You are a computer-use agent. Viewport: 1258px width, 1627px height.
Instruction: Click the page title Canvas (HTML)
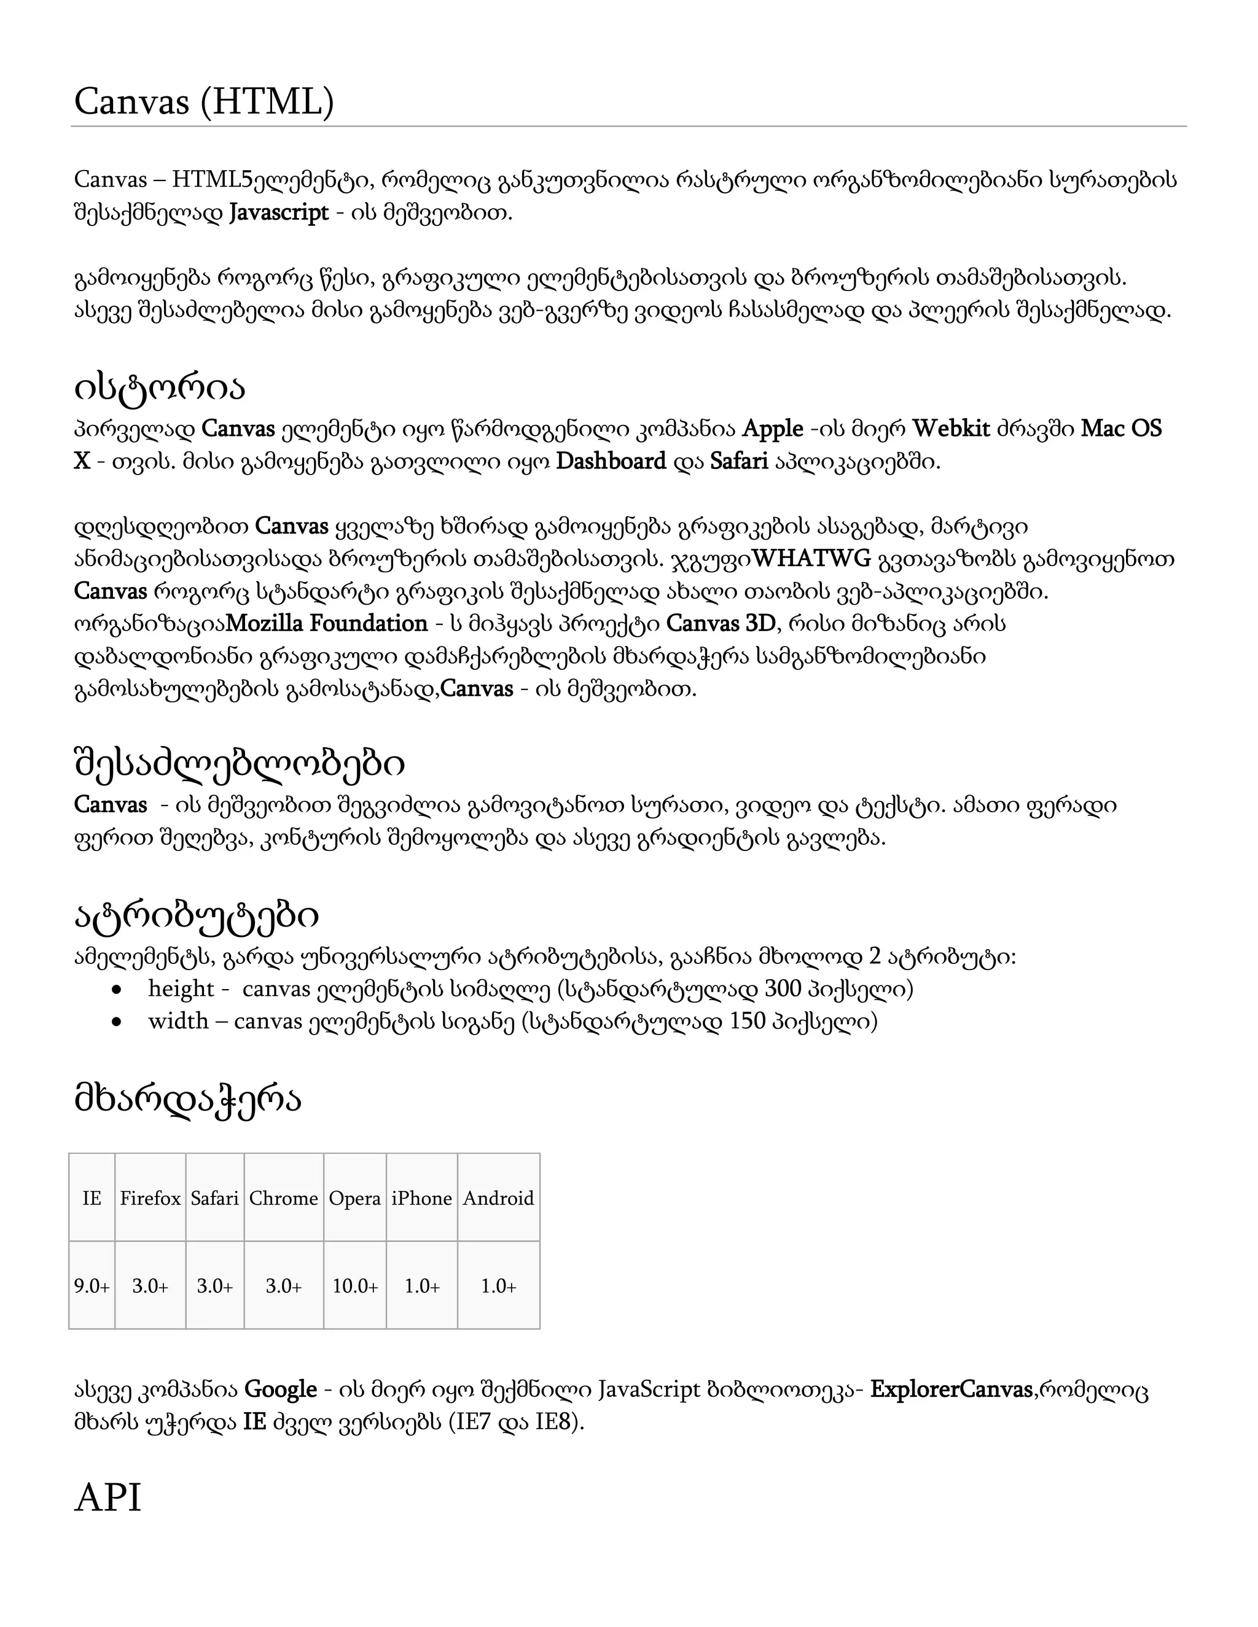click(203, 101)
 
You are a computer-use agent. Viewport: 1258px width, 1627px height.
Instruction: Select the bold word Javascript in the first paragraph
click(279, 213)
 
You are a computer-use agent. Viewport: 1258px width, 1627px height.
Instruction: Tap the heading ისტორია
click(160, 387)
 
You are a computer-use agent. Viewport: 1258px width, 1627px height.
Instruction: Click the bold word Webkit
click(951, 429)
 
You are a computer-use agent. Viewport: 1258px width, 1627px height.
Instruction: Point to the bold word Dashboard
click(611, 462)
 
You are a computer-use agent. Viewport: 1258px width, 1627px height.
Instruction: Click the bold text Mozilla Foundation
click(326, 624)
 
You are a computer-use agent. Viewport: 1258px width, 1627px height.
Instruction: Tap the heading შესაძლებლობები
click(239, 764)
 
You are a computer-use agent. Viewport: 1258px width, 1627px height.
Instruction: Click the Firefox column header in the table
click(150, 1198)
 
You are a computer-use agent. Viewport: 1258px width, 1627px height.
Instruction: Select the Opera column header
click(355, 1198)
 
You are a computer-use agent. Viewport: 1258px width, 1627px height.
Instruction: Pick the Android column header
click(498, 1198)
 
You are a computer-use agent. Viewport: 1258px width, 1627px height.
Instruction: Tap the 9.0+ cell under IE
click(92, 1286)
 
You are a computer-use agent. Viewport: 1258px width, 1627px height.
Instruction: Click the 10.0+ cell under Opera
click(355, 1286)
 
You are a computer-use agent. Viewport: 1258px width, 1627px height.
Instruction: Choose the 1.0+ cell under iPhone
click(422, 1286)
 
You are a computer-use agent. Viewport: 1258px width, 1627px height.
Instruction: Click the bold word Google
click(281, 1389)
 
